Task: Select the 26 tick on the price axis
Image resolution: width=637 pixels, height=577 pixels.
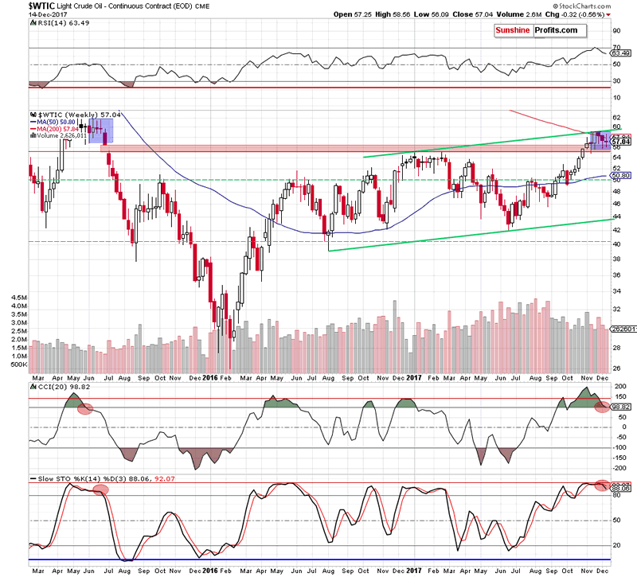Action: [x=616, y=368]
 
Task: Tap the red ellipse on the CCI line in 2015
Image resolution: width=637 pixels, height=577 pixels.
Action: [x=84, y=408]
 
